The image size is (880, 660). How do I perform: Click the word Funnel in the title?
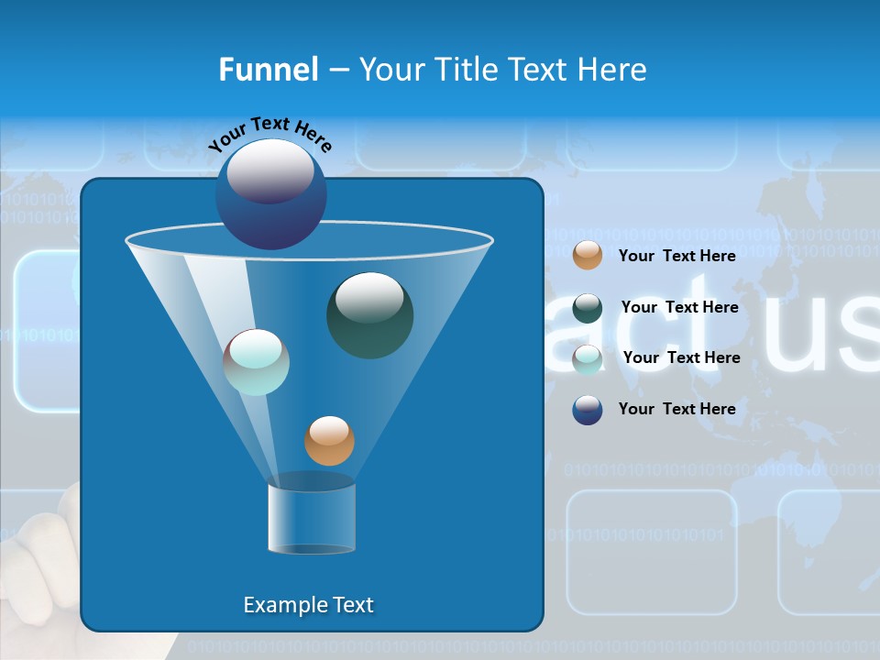coord(269,70)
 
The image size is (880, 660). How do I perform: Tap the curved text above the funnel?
coord(269,132)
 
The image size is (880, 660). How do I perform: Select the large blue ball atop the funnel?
coord(271,193)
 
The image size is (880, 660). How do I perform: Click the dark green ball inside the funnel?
coord(369,314)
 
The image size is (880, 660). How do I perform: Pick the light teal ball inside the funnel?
coord(257,361)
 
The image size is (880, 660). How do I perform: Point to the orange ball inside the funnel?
coord(329,440)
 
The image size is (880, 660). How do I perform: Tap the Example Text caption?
coord(309,605)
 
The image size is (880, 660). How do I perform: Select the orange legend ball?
coord(588,255)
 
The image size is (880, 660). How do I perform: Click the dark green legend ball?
coord(588,308)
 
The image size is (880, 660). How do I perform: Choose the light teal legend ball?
coord(588,358)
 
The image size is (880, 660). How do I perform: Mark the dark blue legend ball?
coord(588,410)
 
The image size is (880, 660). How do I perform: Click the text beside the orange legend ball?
coord(676,256)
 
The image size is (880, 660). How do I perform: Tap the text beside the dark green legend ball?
coord(679,307)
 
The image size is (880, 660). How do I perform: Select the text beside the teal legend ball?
coord(681,357)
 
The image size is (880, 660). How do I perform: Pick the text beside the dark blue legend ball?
coord(676,409)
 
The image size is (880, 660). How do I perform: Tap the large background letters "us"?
coord(820,335)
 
